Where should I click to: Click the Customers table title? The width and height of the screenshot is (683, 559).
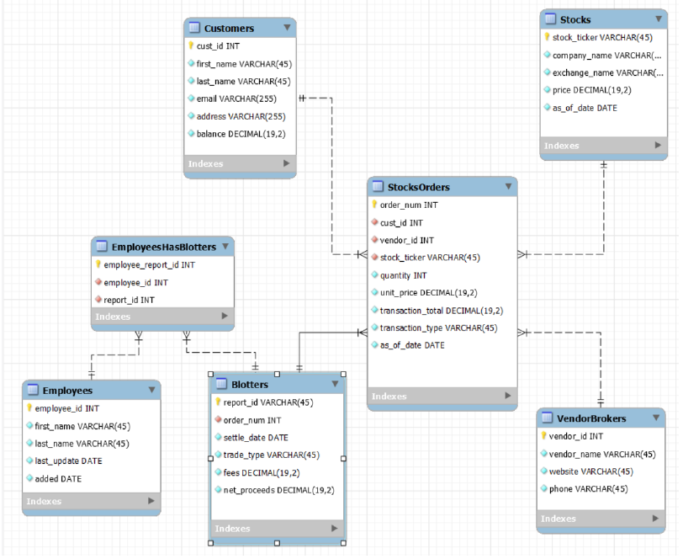(x=229, y=29)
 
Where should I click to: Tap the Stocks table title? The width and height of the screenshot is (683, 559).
(x=575, y=19)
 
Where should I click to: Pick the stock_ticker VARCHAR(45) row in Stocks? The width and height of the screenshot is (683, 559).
(x=602, y=37)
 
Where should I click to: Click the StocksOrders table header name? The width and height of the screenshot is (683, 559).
(x=418, y=187)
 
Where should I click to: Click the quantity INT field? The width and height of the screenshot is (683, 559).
(x=403, y=275)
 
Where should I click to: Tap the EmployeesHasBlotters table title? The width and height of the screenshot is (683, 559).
(x=164, y=247)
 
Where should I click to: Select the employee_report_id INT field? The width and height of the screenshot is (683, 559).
(x=149, y=264)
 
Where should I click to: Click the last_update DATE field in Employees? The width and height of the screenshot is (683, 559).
(x=68, y=461)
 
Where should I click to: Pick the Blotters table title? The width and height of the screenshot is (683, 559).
(x=250, y=385)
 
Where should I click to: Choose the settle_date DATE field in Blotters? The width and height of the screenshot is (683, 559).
(x=256, y=438)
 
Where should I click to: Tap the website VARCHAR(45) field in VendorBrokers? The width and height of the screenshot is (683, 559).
(x=590, y=471)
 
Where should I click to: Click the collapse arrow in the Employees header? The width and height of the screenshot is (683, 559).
(x=151, y=390)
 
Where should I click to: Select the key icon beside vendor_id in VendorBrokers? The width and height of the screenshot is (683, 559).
(x=543, y=436)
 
